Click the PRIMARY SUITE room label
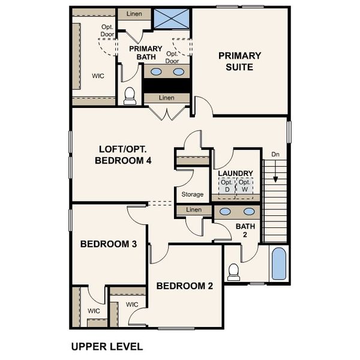coord(239,61)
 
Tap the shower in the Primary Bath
coord(171,19)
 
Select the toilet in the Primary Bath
coord(130,95)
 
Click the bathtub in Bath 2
coord(279,264)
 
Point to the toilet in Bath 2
coord(234,272)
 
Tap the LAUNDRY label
coord(235,173)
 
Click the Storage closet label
coord(192,194)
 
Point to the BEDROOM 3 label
coord(109,244)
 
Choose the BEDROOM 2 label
coord(184,286)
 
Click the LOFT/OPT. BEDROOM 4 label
coord(124,155)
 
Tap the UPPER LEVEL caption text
coord(106,346)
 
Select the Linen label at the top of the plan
coord(134,13)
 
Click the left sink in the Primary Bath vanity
coord(156,72)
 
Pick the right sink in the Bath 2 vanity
coord(248,212)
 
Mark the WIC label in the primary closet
coord(98,77)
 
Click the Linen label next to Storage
coord(194,210)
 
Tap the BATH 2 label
coord(245,230)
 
